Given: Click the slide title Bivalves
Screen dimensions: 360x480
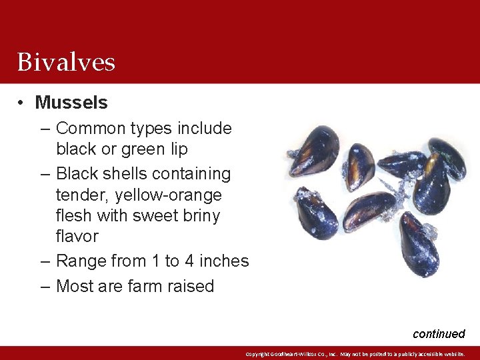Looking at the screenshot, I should click(x=66, y=62).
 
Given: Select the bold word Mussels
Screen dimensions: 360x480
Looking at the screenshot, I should click(x=71, y=103).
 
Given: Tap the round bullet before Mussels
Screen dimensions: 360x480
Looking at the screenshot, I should click(x=22, y=103).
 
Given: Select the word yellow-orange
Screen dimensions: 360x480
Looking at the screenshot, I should click(x=168, y=195).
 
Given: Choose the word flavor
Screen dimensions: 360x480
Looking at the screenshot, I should click(x=77, y=236).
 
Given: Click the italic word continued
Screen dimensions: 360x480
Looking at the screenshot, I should click(x=439, y=334).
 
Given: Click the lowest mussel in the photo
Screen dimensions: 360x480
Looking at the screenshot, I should click(x=419, y=245).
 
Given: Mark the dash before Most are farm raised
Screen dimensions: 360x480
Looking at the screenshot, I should click(x=45, y=287).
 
